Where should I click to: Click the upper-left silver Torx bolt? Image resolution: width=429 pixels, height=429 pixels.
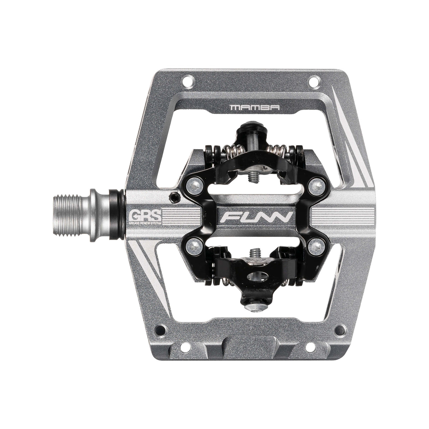tap(192, 185)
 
